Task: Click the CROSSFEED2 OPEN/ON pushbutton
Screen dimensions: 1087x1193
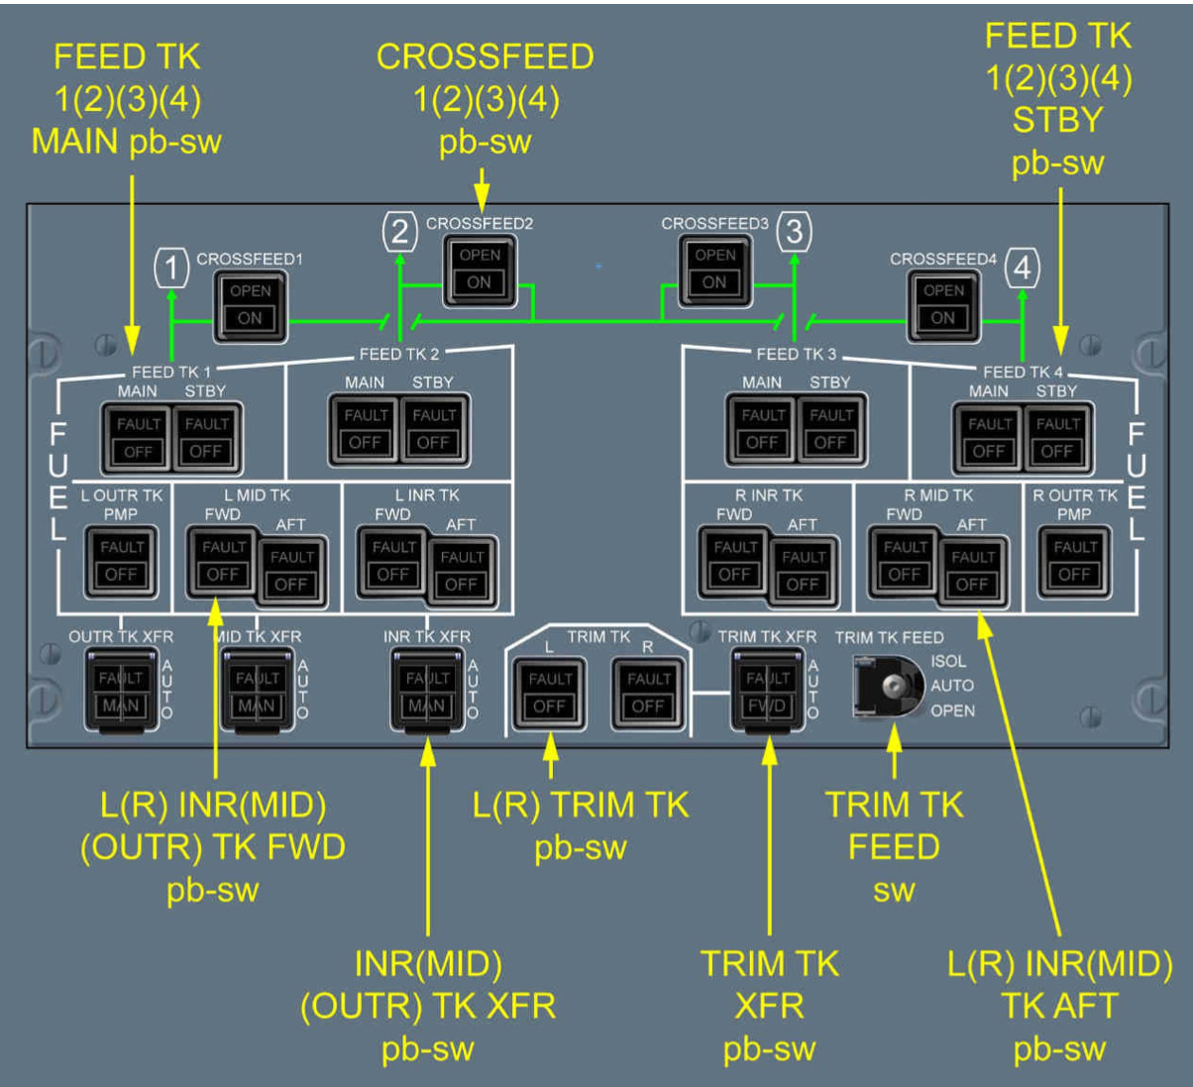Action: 480,270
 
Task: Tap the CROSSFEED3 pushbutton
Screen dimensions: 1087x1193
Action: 714,270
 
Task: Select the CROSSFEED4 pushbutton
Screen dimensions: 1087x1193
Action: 942,305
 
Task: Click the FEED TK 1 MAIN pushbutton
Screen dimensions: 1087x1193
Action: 138,438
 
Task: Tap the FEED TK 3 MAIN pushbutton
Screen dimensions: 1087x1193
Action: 762,429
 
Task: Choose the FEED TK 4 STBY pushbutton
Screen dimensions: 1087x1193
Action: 1056,438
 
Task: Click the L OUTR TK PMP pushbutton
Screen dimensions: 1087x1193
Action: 121,561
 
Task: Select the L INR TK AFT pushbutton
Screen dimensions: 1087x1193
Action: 461,571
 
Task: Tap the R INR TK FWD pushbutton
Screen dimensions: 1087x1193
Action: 734,561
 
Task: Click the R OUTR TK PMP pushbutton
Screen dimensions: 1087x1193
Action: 1074,561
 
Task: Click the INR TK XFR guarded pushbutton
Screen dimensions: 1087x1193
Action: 427,691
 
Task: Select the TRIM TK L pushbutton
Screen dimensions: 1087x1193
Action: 549,693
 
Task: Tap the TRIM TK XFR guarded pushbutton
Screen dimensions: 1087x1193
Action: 768,691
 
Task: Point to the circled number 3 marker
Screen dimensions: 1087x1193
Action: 794,232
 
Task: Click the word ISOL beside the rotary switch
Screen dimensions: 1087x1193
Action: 948,661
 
